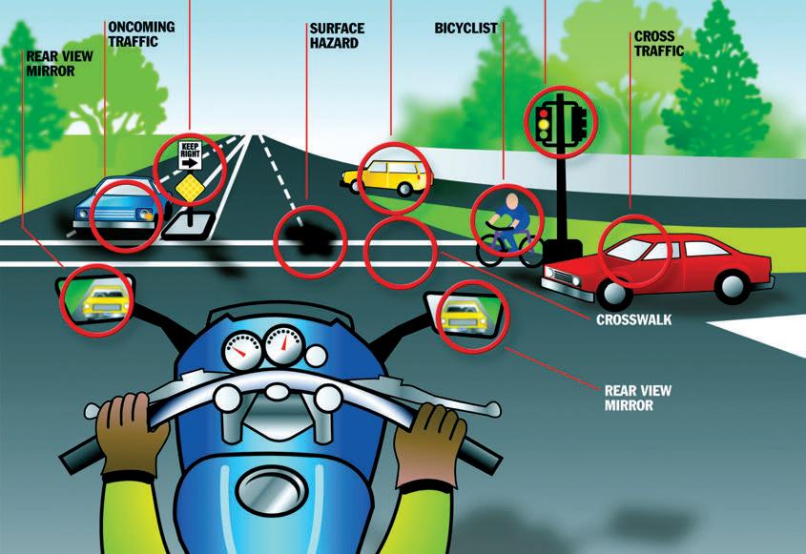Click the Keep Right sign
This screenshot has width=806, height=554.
190,155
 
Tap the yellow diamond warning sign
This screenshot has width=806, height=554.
190,188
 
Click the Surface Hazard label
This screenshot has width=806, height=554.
337,35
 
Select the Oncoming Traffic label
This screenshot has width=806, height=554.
141,34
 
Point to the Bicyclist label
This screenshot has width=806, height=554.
465,29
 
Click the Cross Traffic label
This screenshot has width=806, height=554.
658,44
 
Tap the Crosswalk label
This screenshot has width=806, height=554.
633,319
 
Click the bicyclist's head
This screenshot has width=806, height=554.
511,201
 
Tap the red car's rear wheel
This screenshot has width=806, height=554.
732,286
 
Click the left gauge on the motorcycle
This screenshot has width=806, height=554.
242,351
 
